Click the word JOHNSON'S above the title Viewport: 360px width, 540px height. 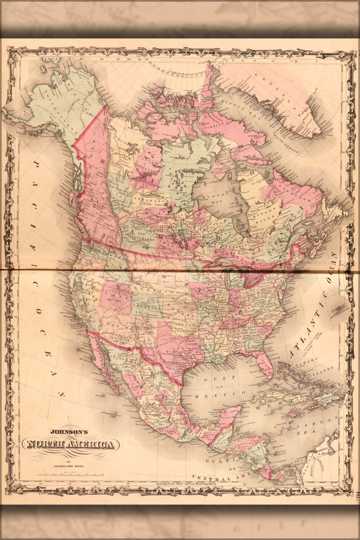[69, 431]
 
